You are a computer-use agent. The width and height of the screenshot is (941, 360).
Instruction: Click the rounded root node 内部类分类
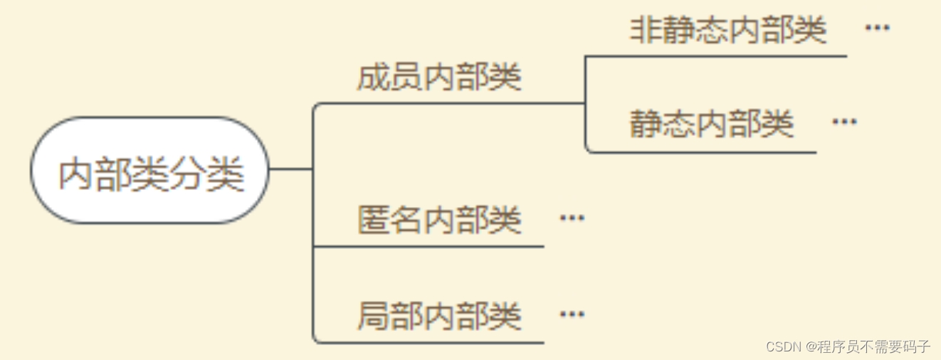click(150, 171)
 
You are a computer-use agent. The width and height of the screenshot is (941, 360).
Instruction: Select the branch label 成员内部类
click(439, 77)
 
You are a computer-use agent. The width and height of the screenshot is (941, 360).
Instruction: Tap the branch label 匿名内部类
click(439, 219)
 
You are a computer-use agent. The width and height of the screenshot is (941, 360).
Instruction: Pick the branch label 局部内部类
click(439, 315)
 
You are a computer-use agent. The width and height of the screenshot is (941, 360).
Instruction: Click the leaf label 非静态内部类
click(728, 30)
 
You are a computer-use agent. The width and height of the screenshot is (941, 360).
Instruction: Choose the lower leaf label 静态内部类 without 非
click(712, 124)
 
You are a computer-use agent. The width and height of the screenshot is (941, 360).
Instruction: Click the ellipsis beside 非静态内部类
click(877, 28)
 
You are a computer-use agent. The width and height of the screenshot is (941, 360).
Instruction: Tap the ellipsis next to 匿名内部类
click(572, 218)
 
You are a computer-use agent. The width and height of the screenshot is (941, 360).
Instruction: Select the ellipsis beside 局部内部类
click(572, 314)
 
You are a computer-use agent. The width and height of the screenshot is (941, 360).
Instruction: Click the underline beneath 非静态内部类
click(716, 56)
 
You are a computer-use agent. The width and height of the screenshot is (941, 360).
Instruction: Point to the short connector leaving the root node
click(290, 169)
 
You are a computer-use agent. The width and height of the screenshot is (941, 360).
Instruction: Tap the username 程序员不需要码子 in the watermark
click(873, 346)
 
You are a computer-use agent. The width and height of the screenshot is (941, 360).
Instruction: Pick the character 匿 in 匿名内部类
click(373, 219)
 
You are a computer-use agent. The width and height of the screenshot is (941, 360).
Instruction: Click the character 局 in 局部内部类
click(373, 315)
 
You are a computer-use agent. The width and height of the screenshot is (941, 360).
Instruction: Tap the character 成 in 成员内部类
click(373, 77)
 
